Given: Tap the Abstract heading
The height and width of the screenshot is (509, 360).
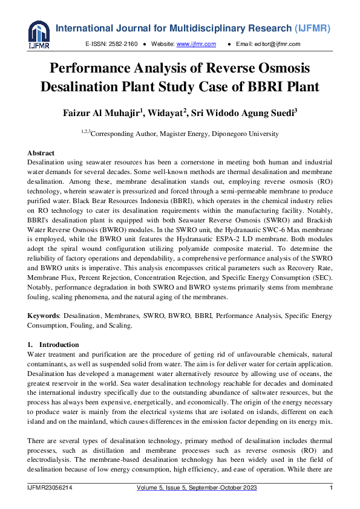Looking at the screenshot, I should (x=41, y=153).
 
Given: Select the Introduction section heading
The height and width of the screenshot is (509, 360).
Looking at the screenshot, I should (x=59, y=345).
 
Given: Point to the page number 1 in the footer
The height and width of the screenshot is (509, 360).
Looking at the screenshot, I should (x=330, y=488).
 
